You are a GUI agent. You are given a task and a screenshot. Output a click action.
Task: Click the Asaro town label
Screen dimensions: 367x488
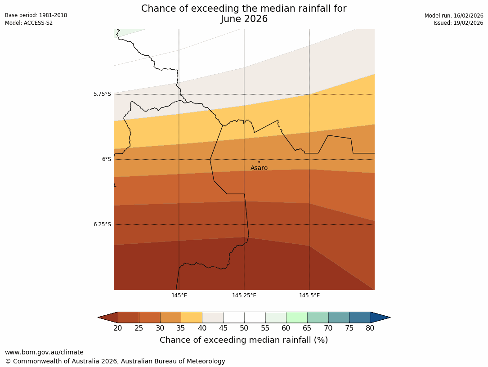259,168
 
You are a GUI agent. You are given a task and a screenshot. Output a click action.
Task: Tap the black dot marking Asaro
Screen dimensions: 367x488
259,162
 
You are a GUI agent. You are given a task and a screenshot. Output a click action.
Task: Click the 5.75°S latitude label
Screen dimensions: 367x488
102,94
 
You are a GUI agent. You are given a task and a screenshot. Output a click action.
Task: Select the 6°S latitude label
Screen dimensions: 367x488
106,159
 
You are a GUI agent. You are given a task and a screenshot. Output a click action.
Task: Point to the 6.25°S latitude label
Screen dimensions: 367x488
102,224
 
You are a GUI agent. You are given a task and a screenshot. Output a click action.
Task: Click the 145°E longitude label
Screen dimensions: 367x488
179,295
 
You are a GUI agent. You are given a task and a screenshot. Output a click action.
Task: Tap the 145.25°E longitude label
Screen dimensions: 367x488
244,295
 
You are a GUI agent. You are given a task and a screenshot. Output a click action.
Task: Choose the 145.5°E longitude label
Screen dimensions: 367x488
309,295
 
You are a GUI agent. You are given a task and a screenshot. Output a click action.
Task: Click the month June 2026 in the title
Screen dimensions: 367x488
244,19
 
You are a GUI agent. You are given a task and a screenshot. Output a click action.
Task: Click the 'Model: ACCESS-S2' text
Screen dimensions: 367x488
29,23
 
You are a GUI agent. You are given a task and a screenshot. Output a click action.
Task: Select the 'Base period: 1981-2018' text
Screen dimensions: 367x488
36,15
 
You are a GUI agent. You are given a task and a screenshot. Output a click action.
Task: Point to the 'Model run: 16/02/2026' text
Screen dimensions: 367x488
454,15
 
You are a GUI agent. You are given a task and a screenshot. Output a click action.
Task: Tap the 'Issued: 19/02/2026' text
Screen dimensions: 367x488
458,23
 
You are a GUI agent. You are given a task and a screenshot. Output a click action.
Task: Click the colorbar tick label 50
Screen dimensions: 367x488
244,328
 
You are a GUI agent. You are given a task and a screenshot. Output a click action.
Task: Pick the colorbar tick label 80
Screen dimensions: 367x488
370,328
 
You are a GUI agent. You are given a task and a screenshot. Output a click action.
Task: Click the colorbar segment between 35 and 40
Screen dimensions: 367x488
192,318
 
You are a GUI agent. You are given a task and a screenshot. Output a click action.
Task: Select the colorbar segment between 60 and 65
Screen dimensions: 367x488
297,318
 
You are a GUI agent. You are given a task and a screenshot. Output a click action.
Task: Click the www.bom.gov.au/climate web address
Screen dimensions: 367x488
44,352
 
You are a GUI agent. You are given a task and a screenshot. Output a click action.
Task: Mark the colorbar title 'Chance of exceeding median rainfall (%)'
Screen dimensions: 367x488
244,340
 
